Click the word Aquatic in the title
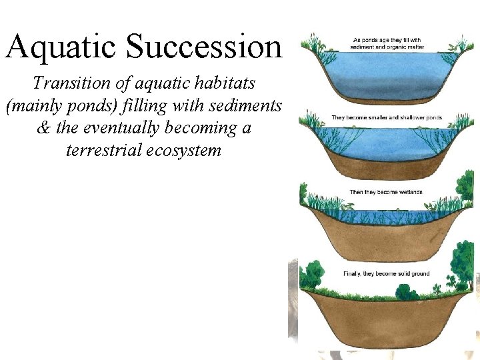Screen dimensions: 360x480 pyautogui.click(x=61, y=47)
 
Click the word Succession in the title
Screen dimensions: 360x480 pyautogui.click(x=204, y=47)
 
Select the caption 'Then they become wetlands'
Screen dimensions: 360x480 pyautogui.click(x=386, y=193)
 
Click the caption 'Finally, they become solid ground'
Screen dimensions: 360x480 pyautogui.click(x=386, y=273)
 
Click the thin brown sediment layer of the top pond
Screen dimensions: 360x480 pyautogui.click(x=387, y=100)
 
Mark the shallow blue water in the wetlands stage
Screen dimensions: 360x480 pyautogui.click(x=387, y=217)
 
